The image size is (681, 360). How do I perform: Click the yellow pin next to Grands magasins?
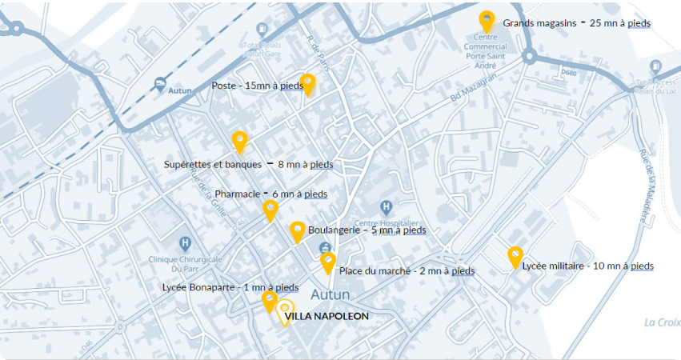click(487, 22)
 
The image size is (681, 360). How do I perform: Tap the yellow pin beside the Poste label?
click(307, 84)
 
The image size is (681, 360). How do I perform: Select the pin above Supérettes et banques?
click(239, 142)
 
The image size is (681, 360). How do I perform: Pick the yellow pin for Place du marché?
click(327, 262)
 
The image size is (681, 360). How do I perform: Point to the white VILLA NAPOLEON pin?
click(284, 311)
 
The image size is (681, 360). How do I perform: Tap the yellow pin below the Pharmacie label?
click(270, 210)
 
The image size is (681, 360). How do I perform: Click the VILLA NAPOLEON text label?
click(326, 316)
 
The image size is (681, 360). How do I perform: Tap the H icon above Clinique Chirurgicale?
click(186, 242)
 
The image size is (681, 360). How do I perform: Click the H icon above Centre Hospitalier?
click(385, 207)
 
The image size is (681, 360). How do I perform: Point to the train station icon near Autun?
click(160, 83)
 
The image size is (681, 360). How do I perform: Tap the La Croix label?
click(662, 322)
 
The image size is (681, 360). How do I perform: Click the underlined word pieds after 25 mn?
click(639, 23)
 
